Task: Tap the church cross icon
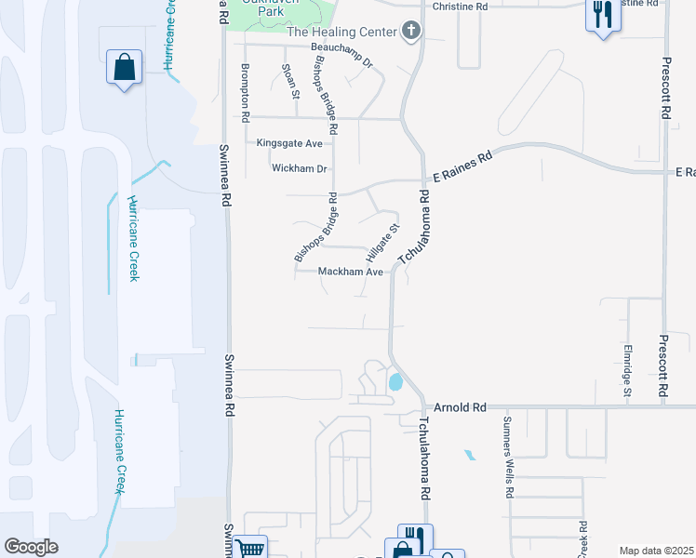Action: (410, 31)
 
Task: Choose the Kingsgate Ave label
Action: (289, 143)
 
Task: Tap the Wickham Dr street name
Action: (300, 168)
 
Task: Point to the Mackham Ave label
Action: (351, 272)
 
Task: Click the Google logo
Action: (31, 547)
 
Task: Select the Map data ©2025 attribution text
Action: (655, 551)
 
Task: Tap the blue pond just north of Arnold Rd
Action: (395, 381)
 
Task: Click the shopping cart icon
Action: (250, 548)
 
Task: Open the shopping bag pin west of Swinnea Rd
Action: (124, 68)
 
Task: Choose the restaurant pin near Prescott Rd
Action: (603, 15)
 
